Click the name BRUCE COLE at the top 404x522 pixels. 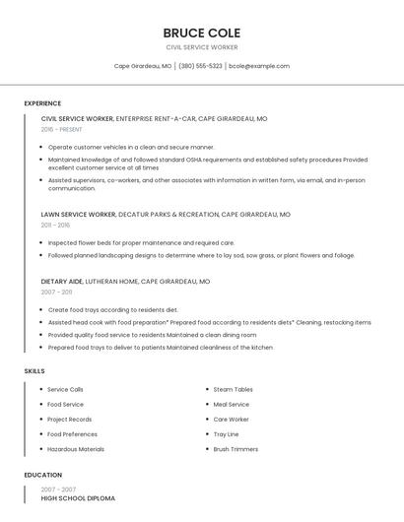point(201,33)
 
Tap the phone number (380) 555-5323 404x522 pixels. point(200,66)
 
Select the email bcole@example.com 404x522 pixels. point(259,66)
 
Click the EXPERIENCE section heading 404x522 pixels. point(42,103)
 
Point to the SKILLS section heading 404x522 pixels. point(34,371)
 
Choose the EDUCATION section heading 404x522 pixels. point(42,475)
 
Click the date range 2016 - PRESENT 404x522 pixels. point(61,129)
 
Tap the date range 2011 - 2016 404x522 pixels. point(55,225)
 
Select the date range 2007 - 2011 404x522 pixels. point(56,293)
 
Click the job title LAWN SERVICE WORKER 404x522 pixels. point(78,214)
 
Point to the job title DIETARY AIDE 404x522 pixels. point(61,281)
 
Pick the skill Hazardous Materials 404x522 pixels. point(76,449)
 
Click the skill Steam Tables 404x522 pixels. point(233,390)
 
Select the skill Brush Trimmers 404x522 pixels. point(236,449)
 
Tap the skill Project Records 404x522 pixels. point(69,420)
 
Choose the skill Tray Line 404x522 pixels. point(226,434)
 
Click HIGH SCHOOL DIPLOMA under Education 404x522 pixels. point(78,498)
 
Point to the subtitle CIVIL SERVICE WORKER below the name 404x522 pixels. point(201,47)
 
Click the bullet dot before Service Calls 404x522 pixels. point(41,390)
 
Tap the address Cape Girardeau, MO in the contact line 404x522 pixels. point(143,66)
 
